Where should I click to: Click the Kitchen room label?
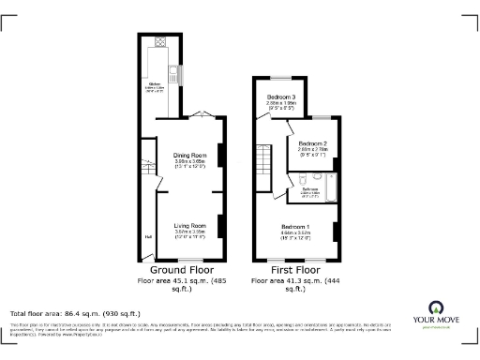[x=155, y=86]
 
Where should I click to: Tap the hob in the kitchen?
[x=160, y=42]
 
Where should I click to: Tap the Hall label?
[x=147, y=236]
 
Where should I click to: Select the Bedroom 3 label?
[x=280, y=97]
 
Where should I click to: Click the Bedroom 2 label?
[x=312, y=145]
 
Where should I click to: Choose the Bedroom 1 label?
[x=296, y=227]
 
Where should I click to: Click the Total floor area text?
[x=75, y=312]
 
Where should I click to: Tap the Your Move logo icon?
[x=436, y=307]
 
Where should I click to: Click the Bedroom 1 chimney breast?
[x=335, y=231]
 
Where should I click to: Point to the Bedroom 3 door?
[x=259, y=114]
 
